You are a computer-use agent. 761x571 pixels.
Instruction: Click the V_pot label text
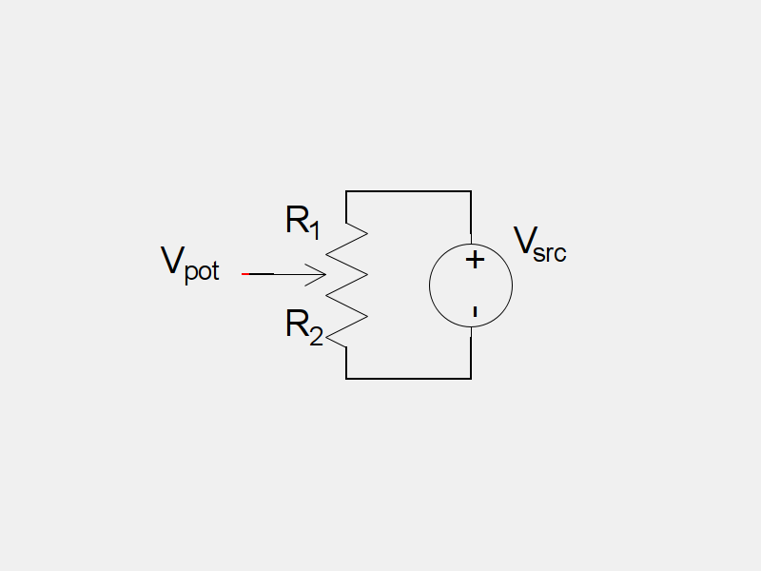[x=189, y=263]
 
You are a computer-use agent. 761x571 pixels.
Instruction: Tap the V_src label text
[x=539, y=244]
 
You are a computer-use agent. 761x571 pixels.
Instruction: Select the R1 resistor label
[x=302, y=223]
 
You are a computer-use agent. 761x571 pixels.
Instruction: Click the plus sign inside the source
[x=475, y=260]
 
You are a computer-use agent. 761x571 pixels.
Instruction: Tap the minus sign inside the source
[x=474, y=311]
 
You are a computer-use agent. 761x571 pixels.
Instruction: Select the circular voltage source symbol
[x=471, y=285]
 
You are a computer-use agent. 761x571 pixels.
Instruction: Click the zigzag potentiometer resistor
[x=346, y=285]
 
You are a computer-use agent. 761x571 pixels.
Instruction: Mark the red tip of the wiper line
[x=245, y=274]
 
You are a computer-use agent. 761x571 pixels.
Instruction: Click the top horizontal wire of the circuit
[x=409, y=191]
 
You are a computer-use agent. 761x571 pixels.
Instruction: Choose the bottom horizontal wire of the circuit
[x=409, y=378]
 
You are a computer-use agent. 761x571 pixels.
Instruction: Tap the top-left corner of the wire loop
[x=346, y=191]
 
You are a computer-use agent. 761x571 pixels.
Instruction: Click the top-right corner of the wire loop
[x=471, y=191]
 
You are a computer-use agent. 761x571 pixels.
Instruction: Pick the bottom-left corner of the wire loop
[x=346, y=378]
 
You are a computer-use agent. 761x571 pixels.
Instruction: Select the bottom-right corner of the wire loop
[x=471, y=378]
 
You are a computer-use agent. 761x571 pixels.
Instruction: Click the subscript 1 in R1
[x=315, y=229]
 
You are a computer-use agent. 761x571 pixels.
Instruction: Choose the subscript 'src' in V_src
[x=551, y=253]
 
